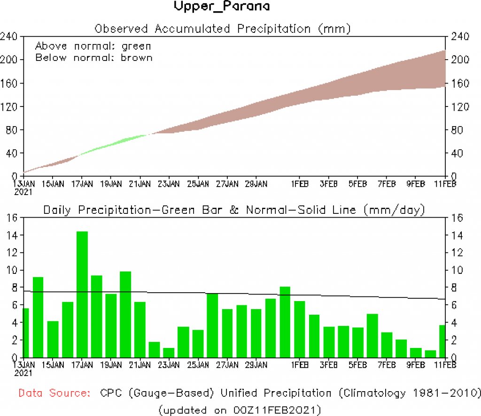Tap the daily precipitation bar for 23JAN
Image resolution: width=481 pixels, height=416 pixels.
pyautogui.click(x=169, y=352)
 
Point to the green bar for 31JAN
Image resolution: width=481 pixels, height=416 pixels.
pyautogui.click(x=285, y=322)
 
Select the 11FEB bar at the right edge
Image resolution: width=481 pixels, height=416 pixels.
pyautogui.click(x=442, y=341)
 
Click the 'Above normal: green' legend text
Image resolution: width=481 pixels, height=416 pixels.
pyautogui.click(x=93, y=46)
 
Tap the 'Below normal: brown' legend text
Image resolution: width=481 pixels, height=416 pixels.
pyautogui.click(x=94, y=58)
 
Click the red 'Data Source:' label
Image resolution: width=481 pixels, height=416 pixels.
pyautogui.click(x=55, y=393)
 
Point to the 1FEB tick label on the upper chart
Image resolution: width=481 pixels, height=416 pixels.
pyautogui.click(x=300, y=183)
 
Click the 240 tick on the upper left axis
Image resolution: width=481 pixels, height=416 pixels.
pyautogui.click(x=9, y=37)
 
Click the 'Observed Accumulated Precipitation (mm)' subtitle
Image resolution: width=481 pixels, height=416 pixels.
pyautogui.click(x=223, y=29)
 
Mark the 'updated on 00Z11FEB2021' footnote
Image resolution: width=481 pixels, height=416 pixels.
pyautogui.click(x=240, y=410)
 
